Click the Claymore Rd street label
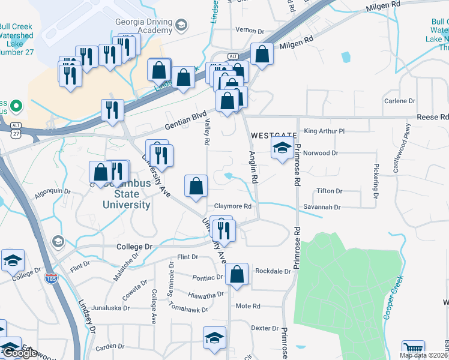(x=232, y=206)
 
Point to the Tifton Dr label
(x=330, y=191)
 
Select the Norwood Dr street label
(x=321, y=153)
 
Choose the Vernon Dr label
(x=250, y=31)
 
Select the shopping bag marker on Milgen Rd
(x=262, y=55)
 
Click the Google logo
(x=20, y=353)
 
